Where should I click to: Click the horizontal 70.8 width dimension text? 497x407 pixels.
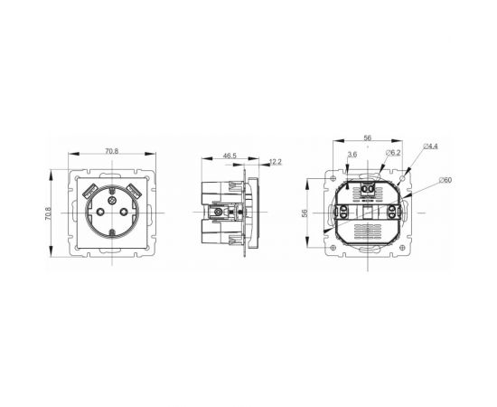(x=111, y=151)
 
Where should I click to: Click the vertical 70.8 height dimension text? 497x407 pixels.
(x=48, y=213)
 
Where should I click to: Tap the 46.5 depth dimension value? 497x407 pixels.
(x=230, y=156)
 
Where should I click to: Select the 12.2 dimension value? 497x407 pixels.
(x=276, y=162)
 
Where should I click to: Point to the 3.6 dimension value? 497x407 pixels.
(x=352, y=155)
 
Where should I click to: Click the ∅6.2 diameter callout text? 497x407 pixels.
(x=393, y=153)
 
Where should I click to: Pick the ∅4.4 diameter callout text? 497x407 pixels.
(x=431, y=147)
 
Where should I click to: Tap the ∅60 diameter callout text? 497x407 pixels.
(x=445, y=180)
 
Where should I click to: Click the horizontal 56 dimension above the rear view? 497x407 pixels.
(x=368, y=138)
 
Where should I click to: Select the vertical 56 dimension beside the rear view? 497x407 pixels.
(x=305, y=213)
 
